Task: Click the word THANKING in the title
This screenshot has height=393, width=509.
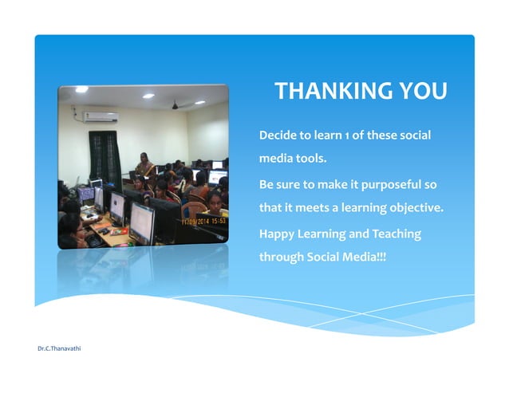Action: tap(329, 92)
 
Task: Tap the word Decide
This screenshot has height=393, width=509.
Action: tap(278, 135)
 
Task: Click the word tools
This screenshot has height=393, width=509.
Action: tap(312, 159)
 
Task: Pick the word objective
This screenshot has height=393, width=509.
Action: tap(413, 209)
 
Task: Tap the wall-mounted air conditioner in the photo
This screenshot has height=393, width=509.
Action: tap(100, 117)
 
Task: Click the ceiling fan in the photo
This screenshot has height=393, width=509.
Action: tap(177, 104)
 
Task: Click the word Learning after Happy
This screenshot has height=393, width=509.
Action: tap(327, 234)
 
